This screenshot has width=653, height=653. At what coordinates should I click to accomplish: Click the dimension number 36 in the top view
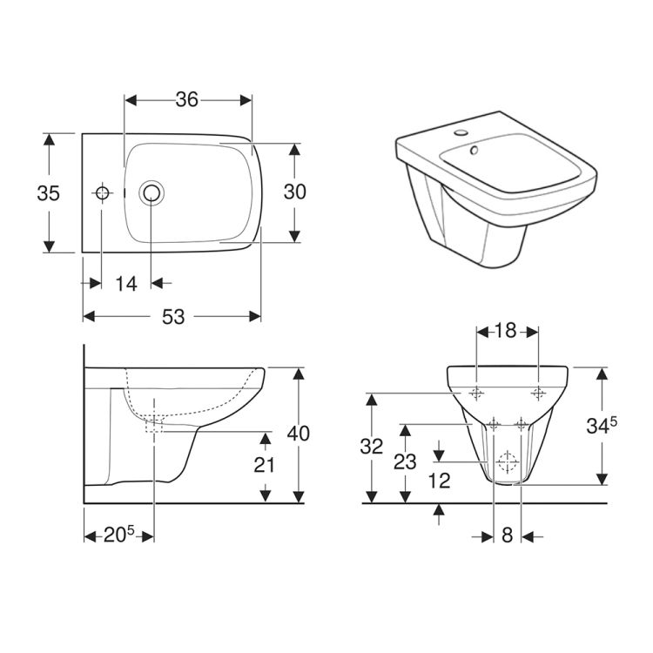tap(186, 99)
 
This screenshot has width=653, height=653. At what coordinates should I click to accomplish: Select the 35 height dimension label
tap(48, 193)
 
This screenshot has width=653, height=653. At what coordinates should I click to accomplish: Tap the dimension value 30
tap(295, 192)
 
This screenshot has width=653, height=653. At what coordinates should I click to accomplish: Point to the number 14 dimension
tap(126, 284)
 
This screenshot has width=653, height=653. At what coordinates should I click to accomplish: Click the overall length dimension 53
tap(173, 317)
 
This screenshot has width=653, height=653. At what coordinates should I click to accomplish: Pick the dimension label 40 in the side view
tap(298, 434)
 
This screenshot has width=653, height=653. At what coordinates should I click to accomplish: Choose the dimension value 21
tap(264, 465)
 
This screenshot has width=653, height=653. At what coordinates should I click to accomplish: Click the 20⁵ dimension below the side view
tap(118, 535)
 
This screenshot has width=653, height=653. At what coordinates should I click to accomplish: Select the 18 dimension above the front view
tap(506, 331)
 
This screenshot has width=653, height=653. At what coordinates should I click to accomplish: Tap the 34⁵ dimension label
tap(602, 425)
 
